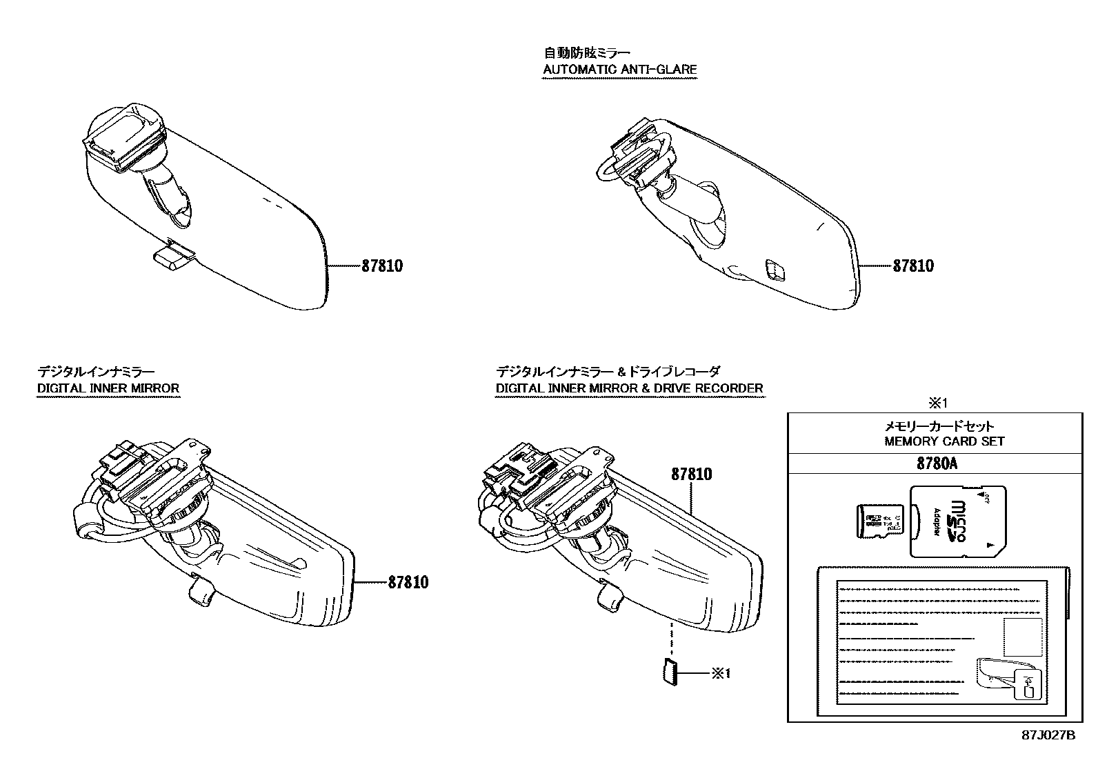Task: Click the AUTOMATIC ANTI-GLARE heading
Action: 619,69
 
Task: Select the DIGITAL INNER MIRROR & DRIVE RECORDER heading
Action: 629,388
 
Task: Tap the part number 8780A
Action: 937,463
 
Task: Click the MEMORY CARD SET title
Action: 944,441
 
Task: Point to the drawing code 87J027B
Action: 1048,735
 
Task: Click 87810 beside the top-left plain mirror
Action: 382,266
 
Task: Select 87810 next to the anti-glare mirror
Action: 913,266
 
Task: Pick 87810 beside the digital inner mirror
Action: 408,583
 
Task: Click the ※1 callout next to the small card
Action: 721,673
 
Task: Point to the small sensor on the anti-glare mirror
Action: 777,270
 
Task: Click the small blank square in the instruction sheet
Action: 1022,636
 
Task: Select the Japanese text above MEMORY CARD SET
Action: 939,427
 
